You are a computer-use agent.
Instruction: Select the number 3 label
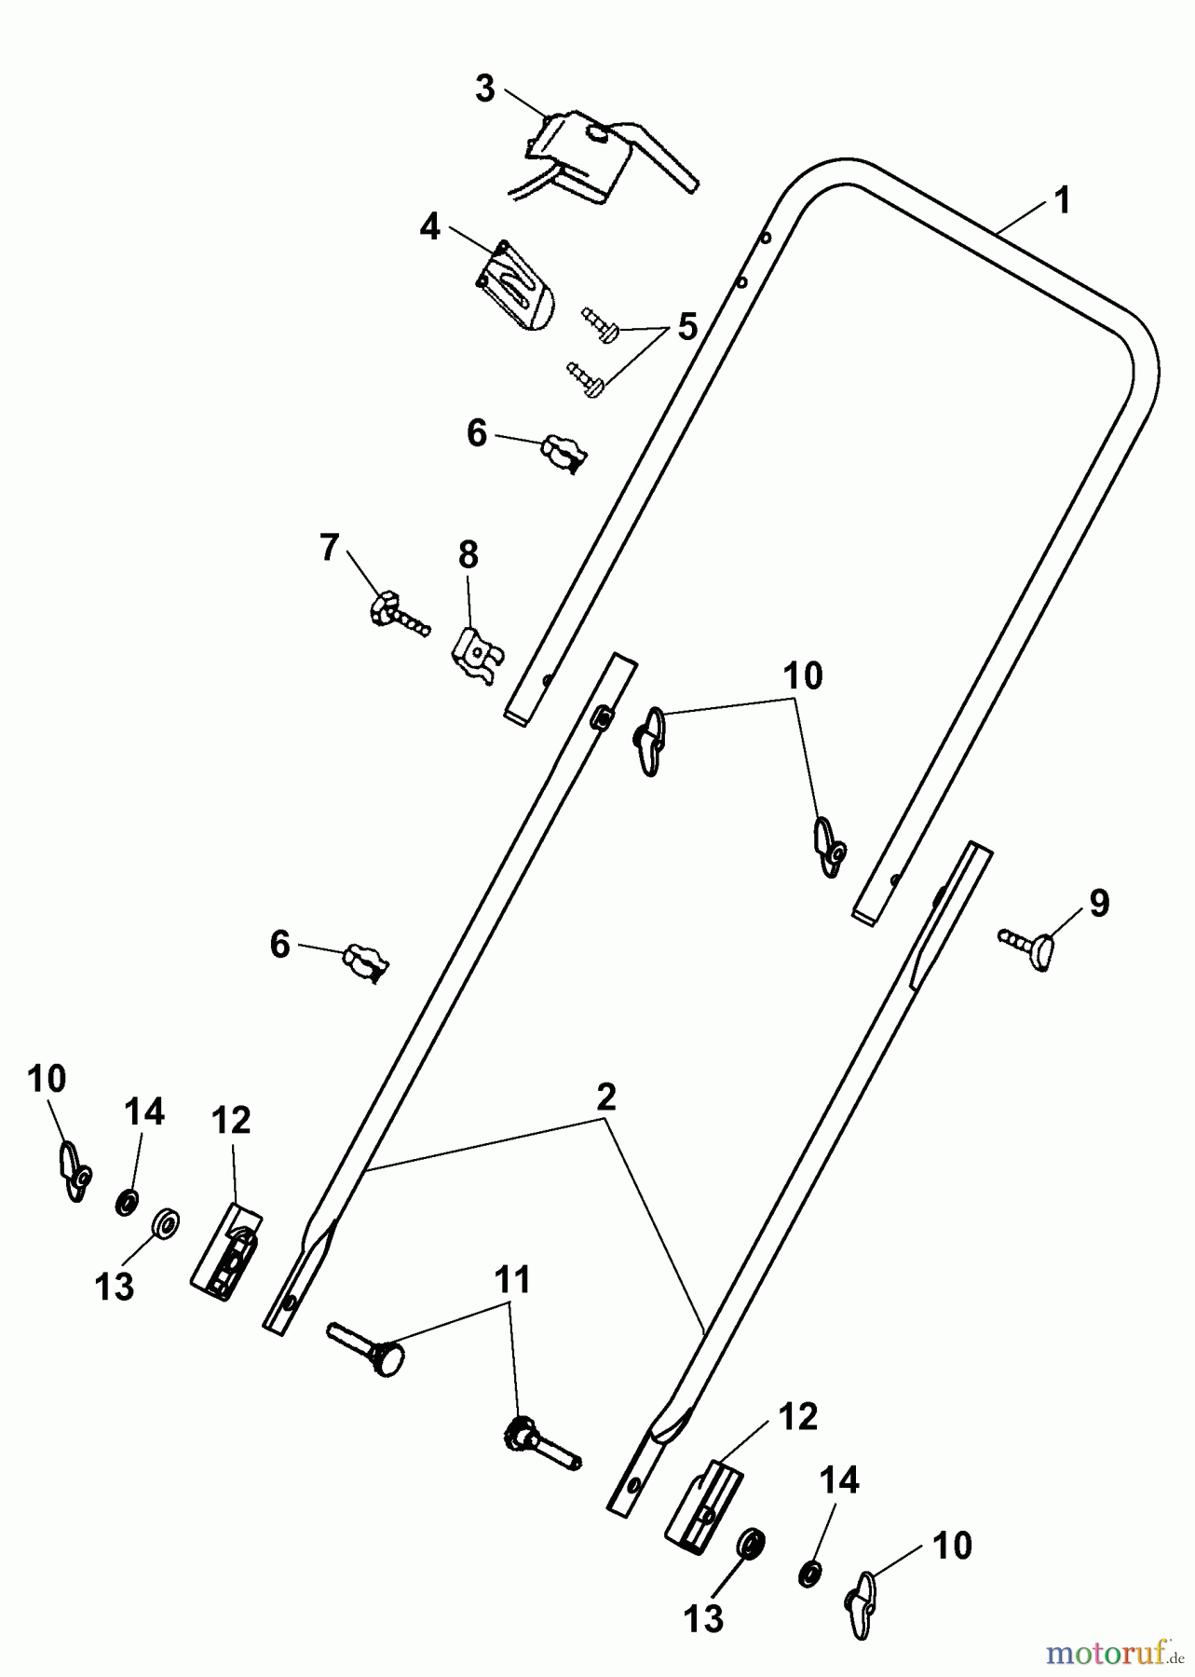point(484,89)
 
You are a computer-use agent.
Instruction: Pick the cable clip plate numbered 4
point(515,289)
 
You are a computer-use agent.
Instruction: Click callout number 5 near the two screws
point(686,327)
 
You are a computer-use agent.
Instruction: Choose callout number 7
point(329,548)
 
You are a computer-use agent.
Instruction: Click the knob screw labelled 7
point(396,612)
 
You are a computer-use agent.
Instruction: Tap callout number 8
point(468,554)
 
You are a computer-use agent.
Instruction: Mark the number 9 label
point(1099,903)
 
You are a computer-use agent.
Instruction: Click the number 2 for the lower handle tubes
point(606,1098)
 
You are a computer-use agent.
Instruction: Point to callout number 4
point(429,226)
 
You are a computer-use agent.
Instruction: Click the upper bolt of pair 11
point(368,1344)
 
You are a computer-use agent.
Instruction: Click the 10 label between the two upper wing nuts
point(803,676)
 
